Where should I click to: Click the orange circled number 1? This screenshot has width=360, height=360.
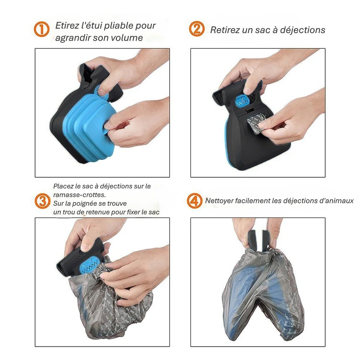tap(42, 29)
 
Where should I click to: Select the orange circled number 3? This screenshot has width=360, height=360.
tap(42, 201)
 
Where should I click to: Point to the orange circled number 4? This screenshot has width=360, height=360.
tap(195, 201)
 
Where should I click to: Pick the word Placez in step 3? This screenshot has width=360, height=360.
tap(63, 186)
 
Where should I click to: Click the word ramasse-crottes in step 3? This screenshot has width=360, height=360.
tap(75, 195)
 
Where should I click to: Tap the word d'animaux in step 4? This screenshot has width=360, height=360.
tap(336, 201)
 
